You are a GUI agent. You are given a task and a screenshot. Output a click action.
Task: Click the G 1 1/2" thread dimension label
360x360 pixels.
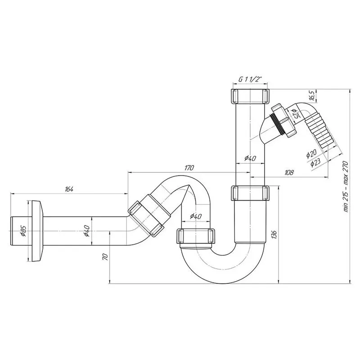(x=251, y=79)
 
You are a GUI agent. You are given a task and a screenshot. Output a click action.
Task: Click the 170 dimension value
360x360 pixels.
(x=189, y=168)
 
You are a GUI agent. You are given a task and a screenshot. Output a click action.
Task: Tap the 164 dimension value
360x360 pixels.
(x=69, y=189)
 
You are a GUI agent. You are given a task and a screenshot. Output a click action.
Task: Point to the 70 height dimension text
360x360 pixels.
(x=105, y=257)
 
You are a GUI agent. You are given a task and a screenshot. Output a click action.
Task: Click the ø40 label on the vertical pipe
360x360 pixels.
(x=250, y=157)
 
